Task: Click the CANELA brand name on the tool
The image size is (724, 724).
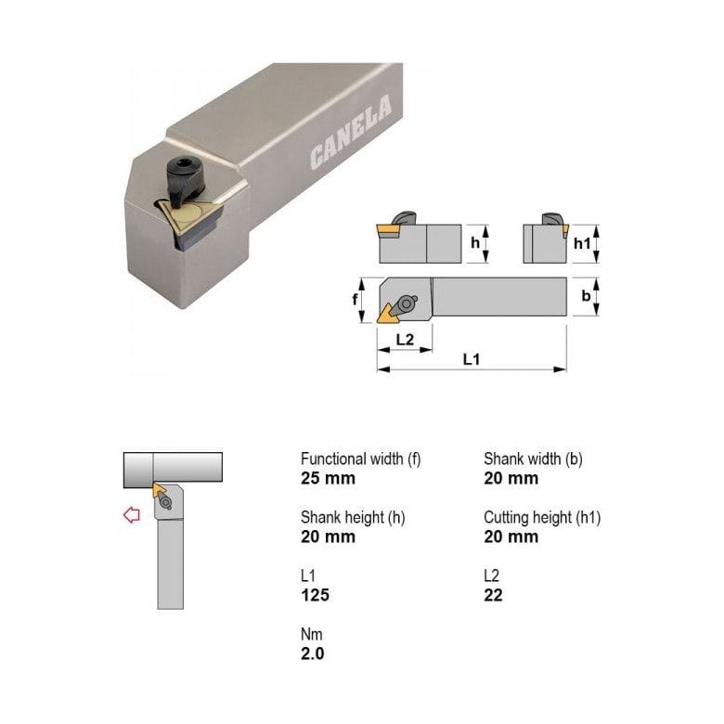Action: [351, 136]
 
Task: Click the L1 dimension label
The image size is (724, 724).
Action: [472, 359]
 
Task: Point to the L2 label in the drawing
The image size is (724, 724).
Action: [405, 339]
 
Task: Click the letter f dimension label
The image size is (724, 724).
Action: [356, 299]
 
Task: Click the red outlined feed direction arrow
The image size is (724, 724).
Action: [132, 515]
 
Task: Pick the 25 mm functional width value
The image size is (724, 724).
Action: [328, 479]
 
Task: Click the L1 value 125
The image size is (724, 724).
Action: [315, 595]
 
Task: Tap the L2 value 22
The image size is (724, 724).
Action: [493, 595]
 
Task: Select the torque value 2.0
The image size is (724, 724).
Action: [313, 653]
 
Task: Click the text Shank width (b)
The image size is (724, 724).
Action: [533, 459]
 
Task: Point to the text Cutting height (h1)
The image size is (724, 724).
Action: [542, 517]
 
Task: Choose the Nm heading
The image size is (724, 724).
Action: [311, 634]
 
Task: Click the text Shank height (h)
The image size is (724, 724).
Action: [353, 517]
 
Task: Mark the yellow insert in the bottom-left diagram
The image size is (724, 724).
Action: [160, 490]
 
